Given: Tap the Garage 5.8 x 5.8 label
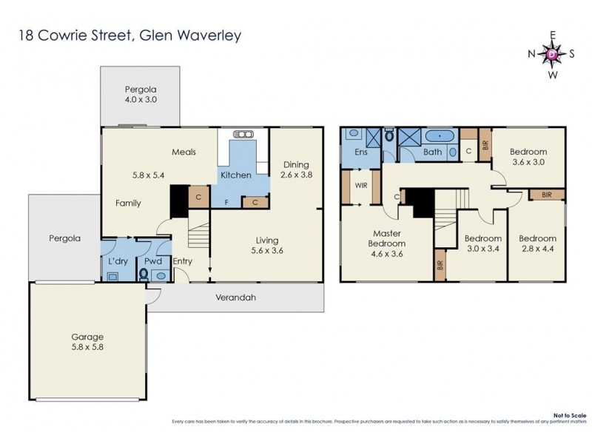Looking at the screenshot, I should [88, 341].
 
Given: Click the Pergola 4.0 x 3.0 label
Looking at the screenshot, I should [140, 94].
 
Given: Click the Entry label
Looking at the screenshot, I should [182, 261].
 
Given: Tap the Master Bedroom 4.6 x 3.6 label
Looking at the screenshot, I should [388, 243].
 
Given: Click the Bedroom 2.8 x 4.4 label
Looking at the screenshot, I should [536, 243].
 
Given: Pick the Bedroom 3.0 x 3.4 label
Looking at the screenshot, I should [482, 243].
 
